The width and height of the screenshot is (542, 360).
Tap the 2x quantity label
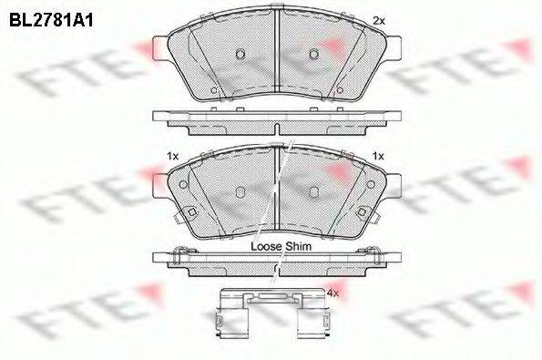click(379, 20)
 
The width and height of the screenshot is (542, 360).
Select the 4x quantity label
click(332, 293)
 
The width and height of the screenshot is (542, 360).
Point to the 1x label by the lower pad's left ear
click(170, 156)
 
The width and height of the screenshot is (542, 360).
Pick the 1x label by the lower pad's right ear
click(379, 156)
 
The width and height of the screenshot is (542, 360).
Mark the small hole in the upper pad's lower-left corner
click(212, 90)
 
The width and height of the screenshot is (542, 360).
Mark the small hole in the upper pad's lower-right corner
click(339, 90)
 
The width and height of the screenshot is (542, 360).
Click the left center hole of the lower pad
click(239, 191)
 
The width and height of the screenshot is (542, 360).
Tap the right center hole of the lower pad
click(312, 191)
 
